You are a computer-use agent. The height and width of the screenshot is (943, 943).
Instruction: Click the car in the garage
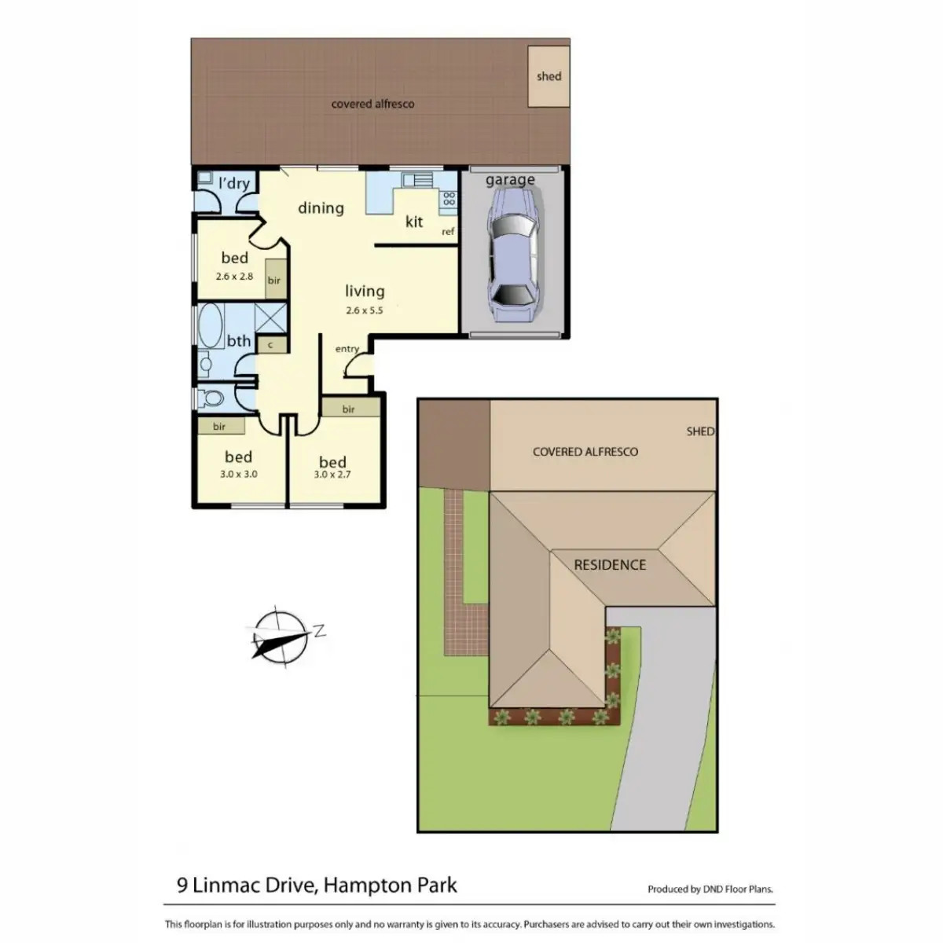coord(512,255)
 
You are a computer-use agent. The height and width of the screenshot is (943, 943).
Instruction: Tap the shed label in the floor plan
coord(549,76)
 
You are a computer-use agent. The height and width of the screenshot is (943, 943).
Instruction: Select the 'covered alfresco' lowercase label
coord(372,104)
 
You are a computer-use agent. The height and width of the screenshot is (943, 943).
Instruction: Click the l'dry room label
coord(234,183)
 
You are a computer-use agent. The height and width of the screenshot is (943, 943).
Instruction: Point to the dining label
coord(321,207)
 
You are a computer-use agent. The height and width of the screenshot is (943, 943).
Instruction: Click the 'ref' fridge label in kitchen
coord(448,232)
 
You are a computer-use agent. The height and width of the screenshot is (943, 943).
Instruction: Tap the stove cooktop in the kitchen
coord(449,199)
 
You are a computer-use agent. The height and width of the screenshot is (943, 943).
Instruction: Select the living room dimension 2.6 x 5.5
coord(364,310)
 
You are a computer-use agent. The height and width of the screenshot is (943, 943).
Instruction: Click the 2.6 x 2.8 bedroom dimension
coord(234,276)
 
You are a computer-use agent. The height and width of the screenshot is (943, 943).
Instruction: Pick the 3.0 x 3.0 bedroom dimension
coord(238,474)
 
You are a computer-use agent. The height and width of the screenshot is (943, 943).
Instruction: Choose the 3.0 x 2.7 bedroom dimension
coord(332,474)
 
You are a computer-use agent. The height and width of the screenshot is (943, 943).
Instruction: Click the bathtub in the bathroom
coord(211,325)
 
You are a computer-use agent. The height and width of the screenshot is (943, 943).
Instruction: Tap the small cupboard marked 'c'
coord(270,345)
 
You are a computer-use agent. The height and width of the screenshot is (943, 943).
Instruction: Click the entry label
coord(347,348)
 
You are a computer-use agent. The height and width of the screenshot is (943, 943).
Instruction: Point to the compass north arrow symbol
coord(281,637)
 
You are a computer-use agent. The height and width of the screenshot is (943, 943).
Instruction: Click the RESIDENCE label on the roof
coord(610,565)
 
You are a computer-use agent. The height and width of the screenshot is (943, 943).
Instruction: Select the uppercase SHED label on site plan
coord(700,431)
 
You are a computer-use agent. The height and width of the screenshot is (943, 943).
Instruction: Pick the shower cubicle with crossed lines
coord(270,318)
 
